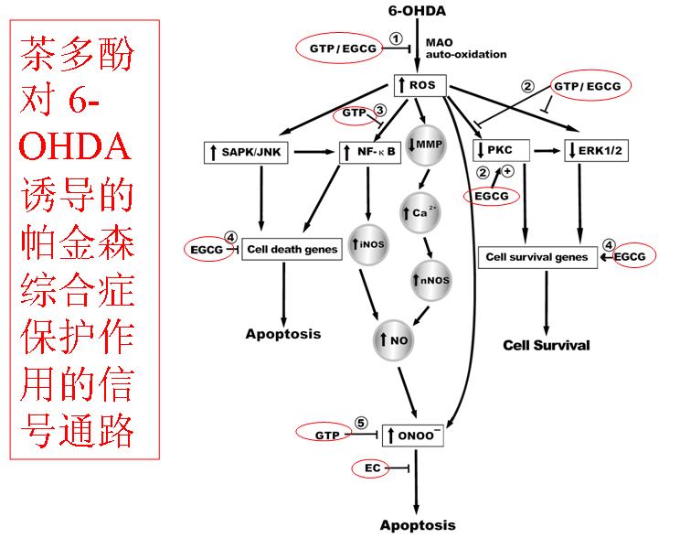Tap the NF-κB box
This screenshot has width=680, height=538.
(371, 151)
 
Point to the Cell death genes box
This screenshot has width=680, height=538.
(291, 248)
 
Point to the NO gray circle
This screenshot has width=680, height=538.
(394, 339)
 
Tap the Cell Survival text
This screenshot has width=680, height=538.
(547, 345)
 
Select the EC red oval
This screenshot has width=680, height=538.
(373, 468)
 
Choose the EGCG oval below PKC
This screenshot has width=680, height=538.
(492, 195)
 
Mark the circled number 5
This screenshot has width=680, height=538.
(361, 424)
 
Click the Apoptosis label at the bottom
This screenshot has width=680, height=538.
(417, 525)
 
